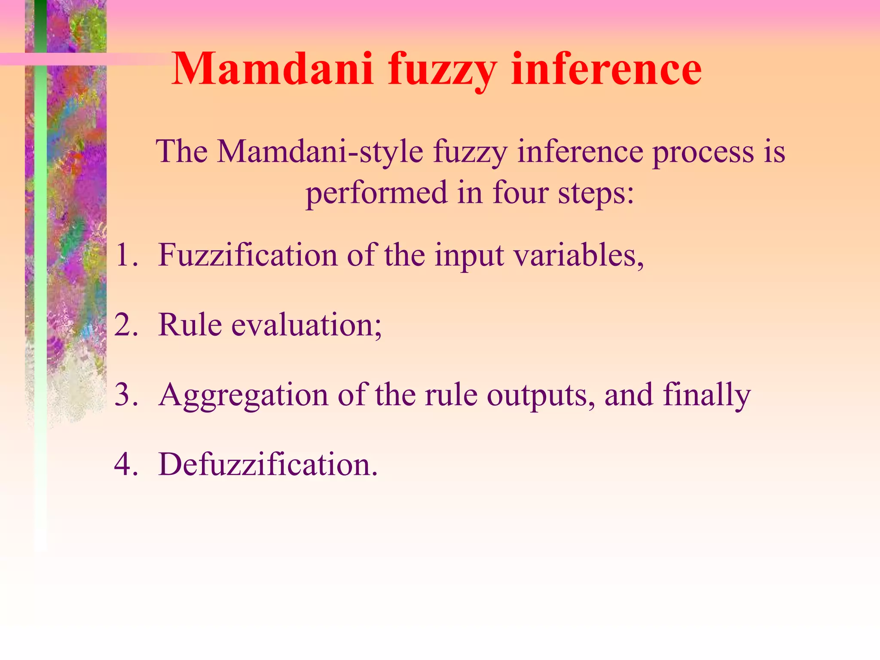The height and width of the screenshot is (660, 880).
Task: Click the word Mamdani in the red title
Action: (x=272, y=69)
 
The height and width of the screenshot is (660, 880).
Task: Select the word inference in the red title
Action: (x=606, y=69)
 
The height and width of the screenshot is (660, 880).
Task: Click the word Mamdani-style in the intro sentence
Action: (x=320, y=153)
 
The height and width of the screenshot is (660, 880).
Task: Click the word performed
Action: (x=377, y=194)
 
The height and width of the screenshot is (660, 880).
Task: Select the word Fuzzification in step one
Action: (x=248, y=255)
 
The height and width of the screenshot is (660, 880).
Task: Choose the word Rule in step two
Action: (x=190, y=325)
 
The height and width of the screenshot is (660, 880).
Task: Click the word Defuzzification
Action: (x=268, y=464)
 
